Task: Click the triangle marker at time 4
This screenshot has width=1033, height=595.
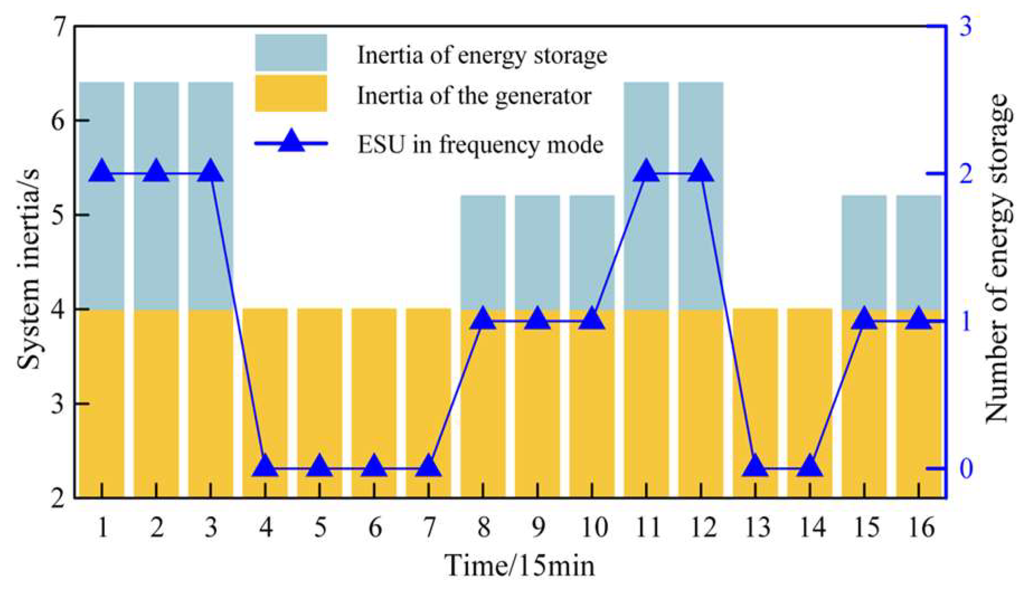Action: (265, 465)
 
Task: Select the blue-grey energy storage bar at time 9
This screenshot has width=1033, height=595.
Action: (538, 252)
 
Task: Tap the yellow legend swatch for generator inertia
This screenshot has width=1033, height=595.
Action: (291, 93)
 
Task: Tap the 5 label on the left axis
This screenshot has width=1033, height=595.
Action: (58, 215)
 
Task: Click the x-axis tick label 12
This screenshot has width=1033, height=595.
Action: (702, 528)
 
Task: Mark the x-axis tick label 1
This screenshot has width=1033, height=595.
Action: (102, 528)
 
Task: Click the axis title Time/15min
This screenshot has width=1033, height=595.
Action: (520, 566)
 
